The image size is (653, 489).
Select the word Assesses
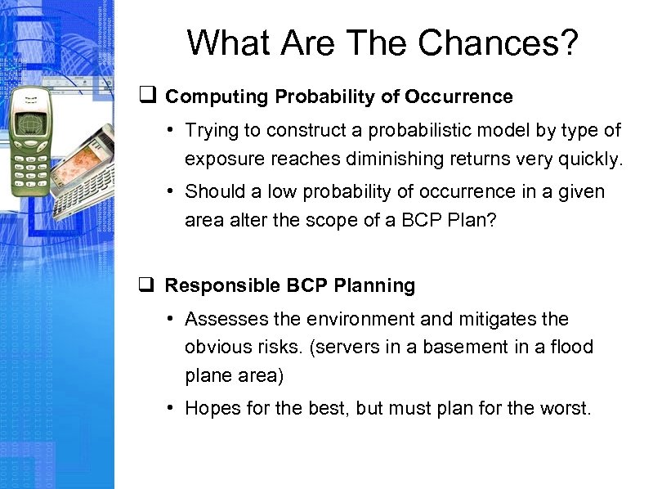pos(220,319)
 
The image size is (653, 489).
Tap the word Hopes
pos(210,408)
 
